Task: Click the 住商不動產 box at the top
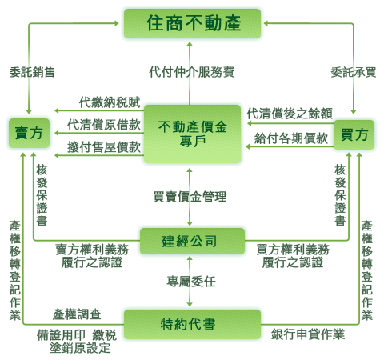point(192,23)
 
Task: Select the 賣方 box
point(29,133)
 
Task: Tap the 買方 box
point(354,134)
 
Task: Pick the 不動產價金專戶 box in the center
point(192,134)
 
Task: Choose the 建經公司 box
point(192,241)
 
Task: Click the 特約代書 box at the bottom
point(192,324)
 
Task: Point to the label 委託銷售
point(32,72)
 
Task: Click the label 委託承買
point(354,72)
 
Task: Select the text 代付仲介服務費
point(192,72)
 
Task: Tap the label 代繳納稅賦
point(110,102)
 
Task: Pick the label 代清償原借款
point(104,125)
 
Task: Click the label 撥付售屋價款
point(104,147)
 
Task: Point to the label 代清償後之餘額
point(290,114)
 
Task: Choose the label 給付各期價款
point(291,138)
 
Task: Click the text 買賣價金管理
point(190,197)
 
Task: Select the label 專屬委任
point(191,282)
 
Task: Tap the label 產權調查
point(77,314)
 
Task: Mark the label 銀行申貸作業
point(308,334)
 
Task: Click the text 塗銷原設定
point(80,348)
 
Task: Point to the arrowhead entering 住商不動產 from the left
point(117,23)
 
